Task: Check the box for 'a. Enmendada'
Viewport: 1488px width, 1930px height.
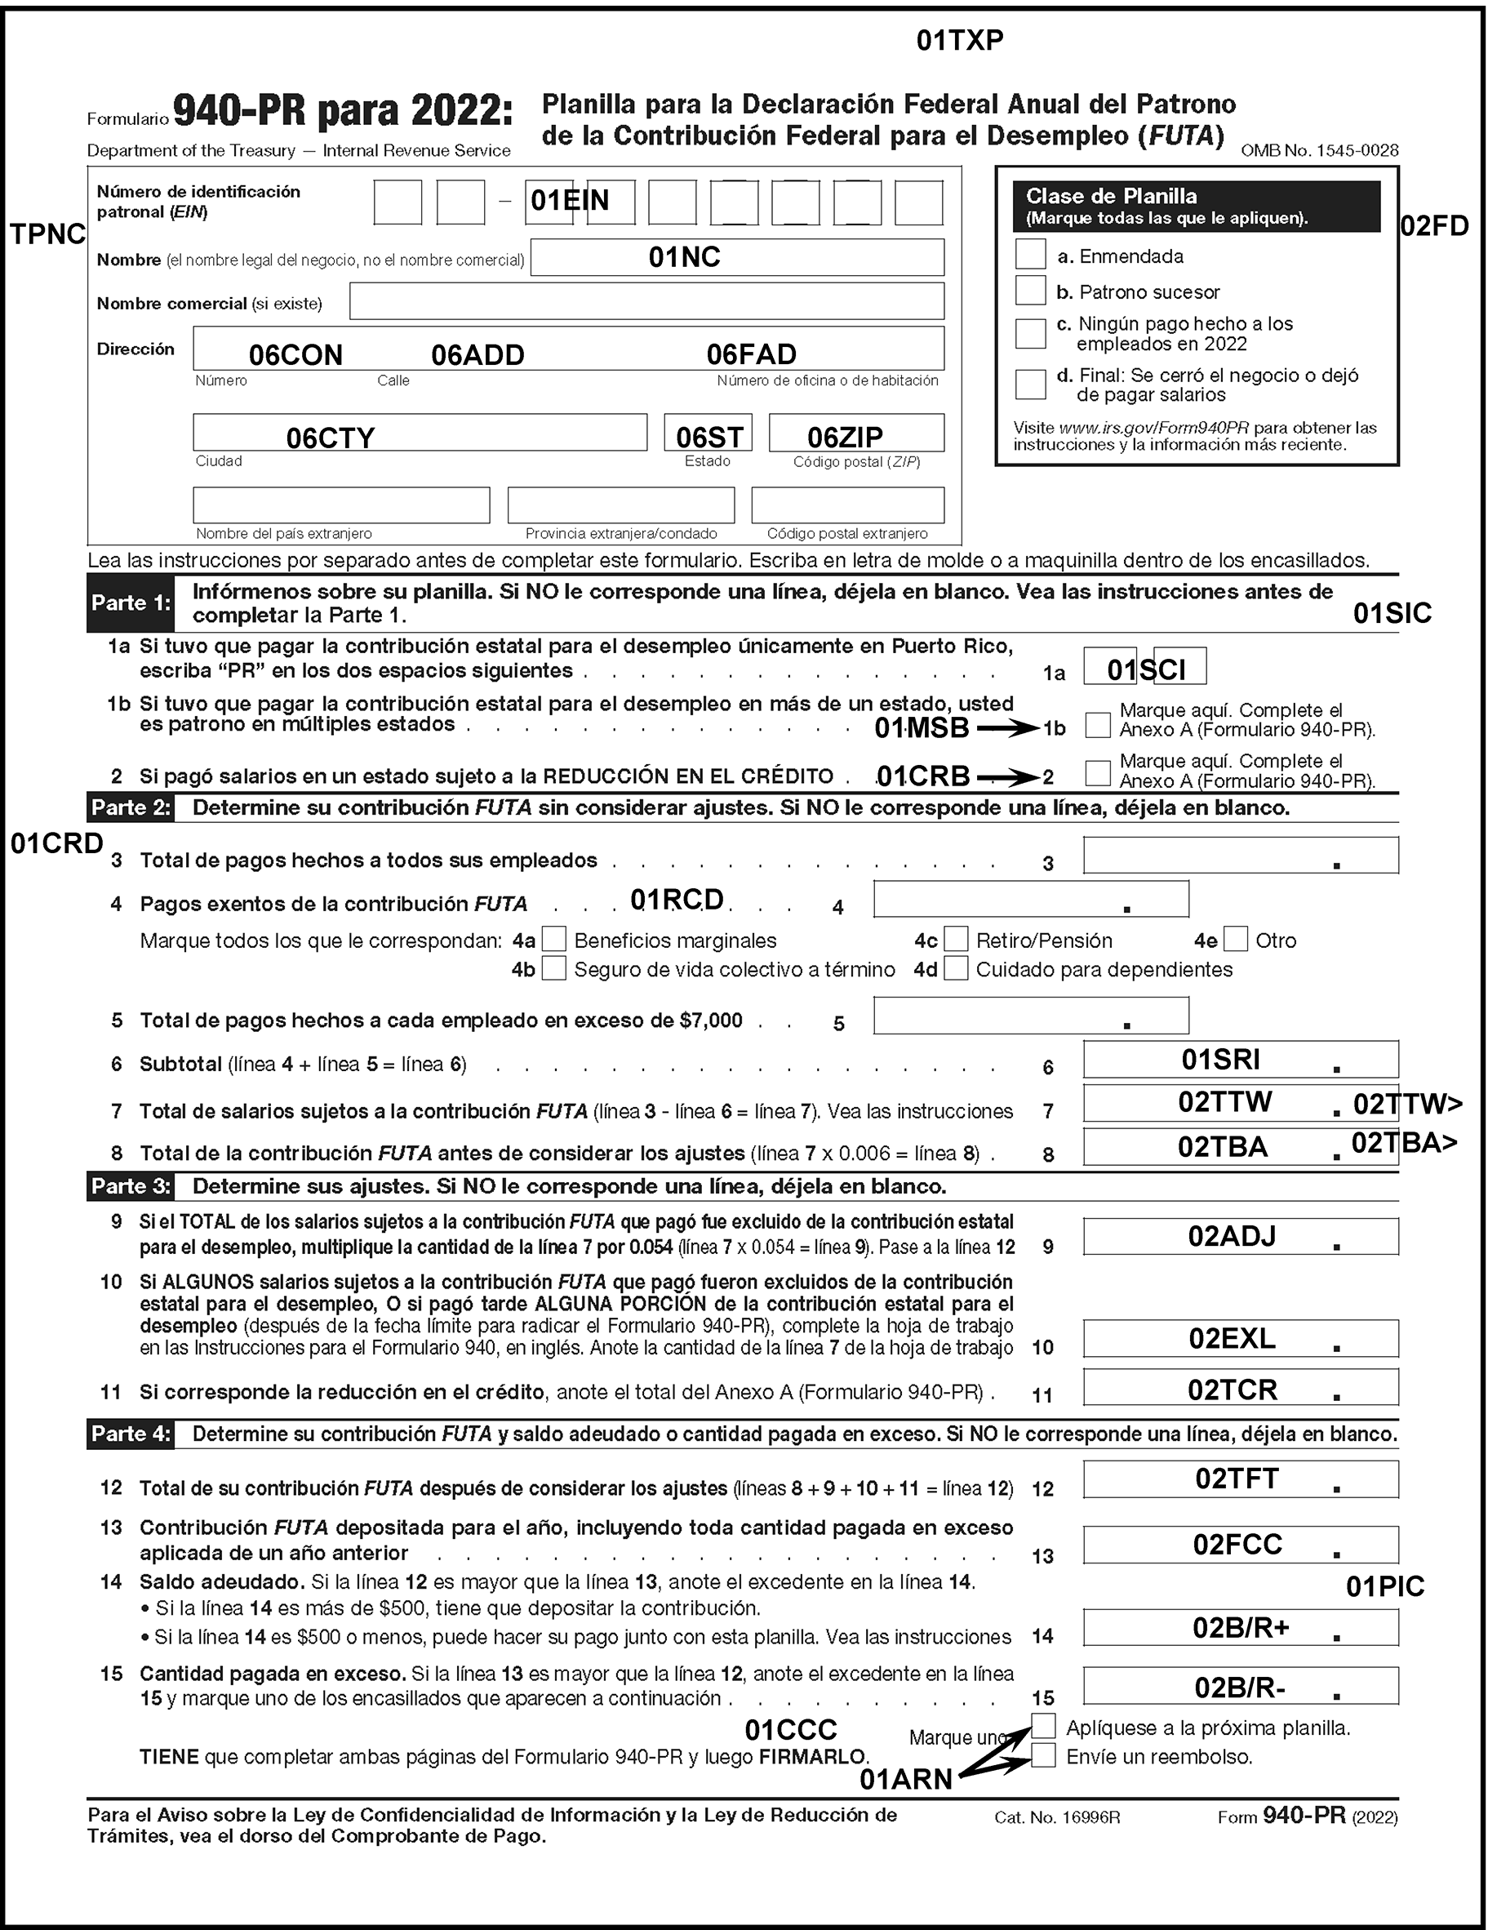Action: tap(1029, 255)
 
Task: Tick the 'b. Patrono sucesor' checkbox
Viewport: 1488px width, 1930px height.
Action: tap(1029, 291)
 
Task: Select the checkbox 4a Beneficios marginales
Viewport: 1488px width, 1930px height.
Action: tap(553, 939)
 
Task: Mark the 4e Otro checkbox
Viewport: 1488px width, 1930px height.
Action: tap(1236, 939)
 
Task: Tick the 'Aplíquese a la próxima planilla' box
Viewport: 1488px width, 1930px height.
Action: tap(1043, 1726)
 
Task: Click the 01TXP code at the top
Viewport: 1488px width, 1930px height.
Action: tap(960, 41)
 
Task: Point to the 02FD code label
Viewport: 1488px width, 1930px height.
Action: tap(1434, 226)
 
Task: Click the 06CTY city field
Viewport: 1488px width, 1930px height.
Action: tap(420, 433)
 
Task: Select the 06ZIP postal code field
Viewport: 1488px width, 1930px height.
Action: tap(855, 433)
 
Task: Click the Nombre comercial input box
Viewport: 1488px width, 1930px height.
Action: tap(646, 301)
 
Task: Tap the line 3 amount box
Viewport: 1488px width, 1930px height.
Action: tap(1240, 856)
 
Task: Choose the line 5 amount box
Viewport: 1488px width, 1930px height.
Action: tap(1030, 1016)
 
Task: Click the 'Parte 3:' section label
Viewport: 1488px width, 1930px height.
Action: tap(131, 1187)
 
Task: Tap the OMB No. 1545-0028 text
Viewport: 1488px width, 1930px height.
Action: tap(1319, 150)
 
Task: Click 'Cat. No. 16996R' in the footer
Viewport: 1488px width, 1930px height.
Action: tap(1057, 1818)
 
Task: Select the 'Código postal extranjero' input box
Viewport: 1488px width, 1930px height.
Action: tap(846, 505)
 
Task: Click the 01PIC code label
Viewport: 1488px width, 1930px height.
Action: tap(1384, 1587)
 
